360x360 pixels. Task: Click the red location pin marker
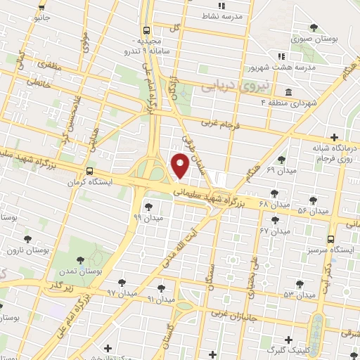point(180,166)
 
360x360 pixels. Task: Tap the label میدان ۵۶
point(314,211)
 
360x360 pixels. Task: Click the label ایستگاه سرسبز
point(327,248)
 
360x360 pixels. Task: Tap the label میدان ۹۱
point(160,299)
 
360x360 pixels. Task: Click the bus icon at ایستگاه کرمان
point(89,172)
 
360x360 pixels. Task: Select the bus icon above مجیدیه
point(146,31)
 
